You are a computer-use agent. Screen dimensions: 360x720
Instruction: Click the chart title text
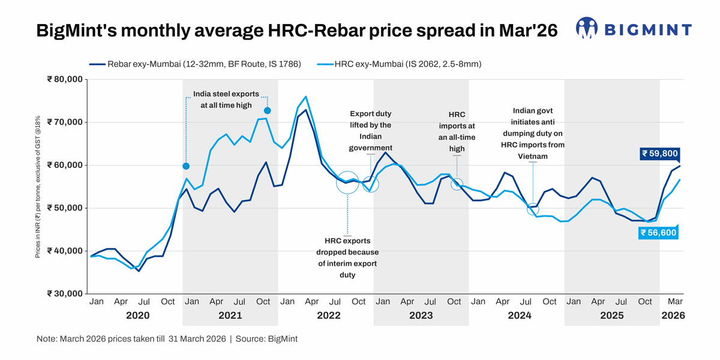click(x=297, y=31)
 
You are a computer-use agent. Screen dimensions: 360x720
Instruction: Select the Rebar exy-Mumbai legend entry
click(x=195, y=64)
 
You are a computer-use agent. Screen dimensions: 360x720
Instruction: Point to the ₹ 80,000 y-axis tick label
click(x=64, y=79)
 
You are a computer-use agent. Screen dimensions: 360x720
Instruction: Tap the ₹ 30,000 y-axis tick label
click(x=64, y=293)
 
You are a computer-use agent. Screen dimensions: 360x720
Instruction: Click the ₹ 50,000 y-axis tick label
click(x=64, y=208)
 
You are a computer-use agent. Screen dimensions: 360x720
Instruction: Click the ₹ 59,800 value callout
click(x=659, y=154)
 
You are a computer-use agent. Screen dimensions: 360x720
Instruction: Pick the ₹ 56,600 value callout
click(x=659, y=233)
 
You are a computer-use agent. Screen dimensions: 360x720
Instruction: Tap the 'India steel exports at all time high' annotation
click(x=226, y=100)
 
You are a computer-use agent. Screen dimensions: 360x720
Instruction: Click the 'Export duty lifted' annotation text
click(x=371, y=131)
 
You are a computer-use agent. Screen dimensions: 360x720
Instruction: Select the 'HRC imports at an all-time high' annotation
click(x=457, y=131)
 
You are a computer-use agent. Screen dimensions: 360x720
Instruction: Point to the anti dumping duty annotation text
click(x=533, y=133)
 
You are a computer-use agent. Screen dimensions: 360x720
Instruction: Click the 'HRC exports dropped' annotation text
click(x=348, y=258)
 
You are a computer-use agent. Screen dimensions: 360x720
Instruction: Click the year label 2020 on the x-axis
click(x=137, y=315)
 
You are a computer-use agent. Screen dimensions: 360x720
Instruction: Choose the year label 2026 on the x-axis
click(x=673, y=315)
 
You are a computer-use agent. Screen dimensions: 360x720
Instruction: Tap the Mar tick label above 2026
click(x=676, y=301)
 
